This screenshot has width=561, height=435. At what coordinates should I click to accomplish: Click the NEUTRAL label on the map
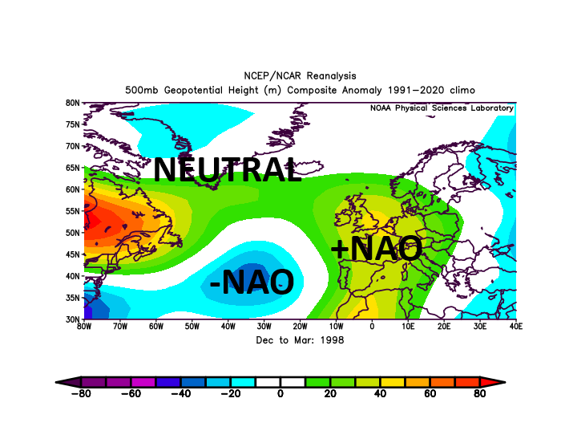click(228, 169)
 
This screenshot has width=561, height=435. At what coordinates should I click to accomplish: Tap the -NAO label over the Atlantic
click(252, 282)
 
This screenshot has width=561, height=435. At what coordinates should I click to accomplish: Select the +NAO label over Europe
click(377, 248)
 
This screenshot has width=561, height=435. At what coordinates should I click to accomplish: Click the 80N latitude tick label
click(73, 103)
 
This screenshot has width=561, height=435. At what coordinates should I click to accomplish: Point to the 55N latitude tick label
click(73, 211)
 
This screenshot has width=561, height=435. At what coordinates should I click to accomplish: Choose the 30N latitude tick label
click(73, 319)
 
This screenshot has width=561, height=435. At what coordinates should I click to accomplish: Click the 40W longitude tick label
click(228, 327)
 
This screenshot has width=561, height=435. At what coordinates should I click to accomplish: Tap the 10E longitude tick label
click(408, 327)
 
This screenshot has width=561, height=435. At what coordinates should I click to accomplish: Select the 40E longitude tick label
click(516, 327)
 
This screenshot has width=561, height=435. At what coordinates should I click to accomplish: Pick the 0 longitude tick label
click(372, 327)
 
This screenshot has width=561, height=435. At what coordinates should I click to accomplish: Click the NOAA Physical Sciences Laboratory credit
click(442, 108)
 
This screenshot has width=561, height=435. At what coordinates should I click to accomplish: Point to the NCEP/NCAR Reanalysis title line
click(300, 76)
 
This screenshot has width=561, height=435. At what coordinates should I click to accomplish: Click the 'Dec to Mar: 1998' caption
click(300, 340)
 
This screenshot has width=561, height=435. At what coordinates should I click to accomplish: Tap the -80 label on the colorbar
click(81, 394)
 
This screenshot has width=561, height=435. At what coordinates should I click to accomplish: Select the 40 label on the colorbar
click(380, 394)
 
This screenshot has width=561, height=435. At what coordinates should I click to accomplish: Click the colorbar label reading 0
click(280, 394)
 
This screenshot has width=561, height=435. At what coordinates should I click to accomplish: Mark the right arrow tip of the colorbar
click(506, 382)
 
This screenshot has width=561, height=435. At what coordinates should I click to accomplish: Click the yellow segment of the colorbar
click(393, 382)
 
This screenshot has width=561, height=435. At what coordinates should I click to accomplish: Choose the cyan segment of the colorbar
click(243, 382)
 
